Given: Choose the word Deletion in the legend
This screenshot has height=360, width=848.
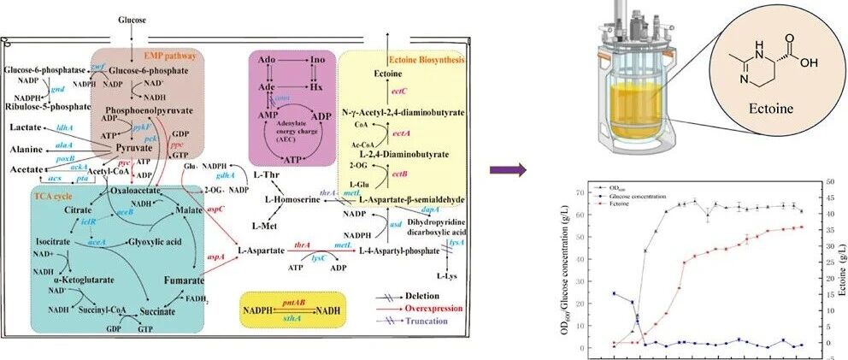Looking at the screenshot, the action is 430,293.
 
